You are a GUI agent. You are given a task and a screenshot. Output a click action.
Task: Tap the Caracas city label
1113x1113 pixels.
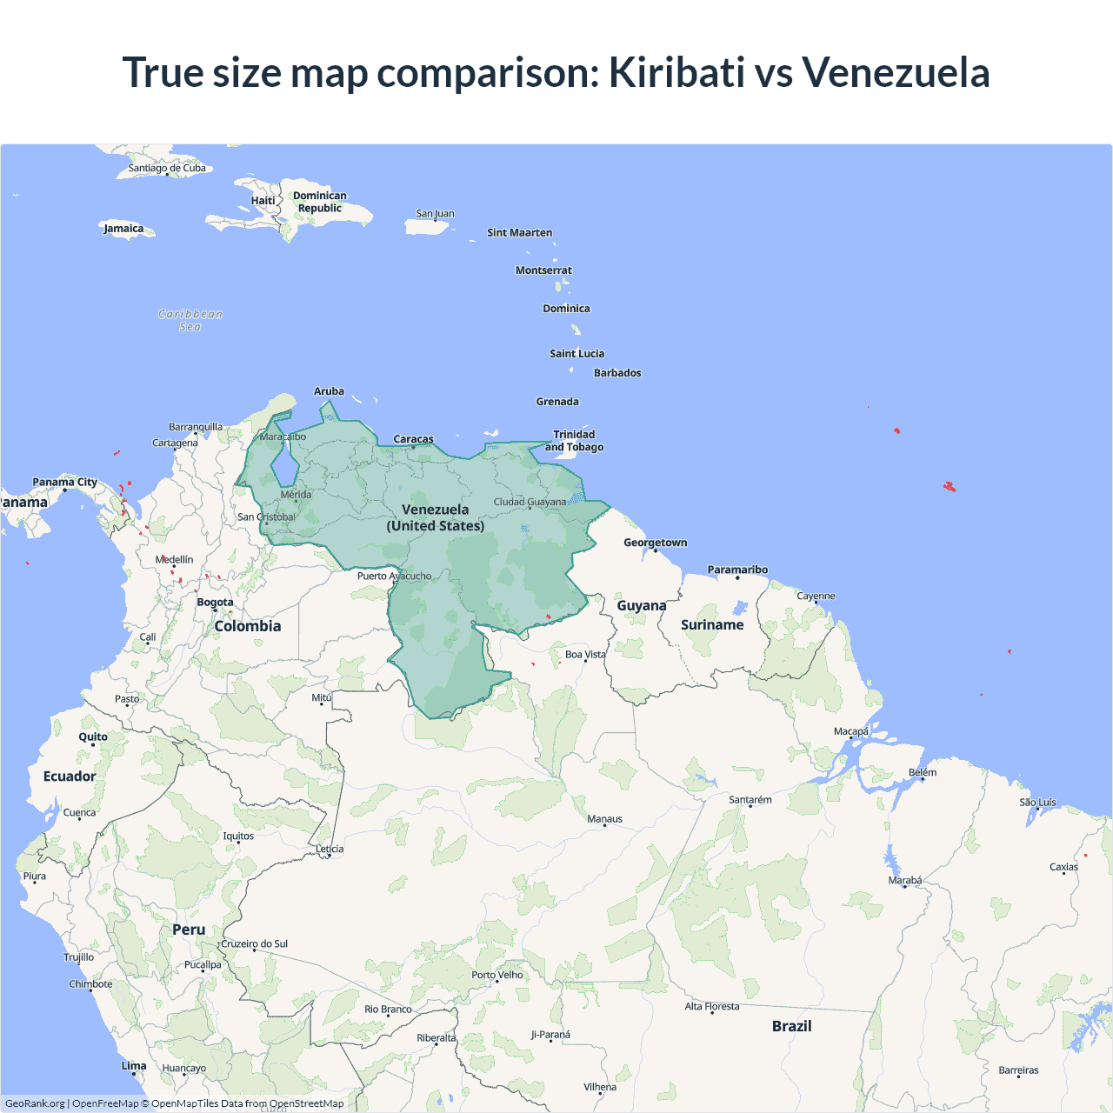click(x=413, y=439)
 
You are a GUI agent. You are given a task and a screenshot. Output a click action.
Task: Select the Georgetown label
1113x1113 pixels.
click(x=655, y=543)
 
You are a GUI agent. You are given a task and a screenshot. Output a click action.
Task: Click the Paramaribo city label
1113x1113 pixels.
click(x=737, y=570)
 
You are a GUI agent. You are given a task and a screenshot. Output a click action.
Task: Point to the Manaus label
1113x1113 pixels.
click(x=604, y=819)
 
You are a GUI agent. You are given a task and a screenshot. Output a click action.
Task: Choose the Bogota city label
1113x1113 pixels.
click(x=215, y=603)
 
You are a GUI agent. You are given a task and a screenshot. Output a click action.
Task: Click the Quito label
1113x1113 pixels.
click(x=93, y=737)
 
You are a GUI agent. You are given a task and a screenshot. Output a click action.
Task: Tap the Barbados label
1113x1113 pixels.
click(x=617, y=373)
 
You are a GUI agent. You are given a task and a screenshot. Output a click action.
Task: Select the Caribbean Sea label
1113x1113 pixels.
click(x=190, y=320)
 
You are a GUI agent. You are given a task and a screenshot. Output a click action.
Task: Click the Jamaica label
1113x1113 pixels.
click(x=123, y=229)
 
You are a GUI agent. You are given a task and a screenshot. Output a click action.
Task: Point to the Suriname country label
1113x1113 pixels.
click(x=712, y=625)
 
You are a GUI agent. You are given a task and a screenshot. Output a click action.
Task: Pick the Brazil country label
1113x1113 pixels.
click(x=791, y=1026)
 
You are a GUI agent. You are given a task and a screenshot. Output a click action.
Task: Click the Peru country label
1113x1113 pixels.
click(x=189, y=930)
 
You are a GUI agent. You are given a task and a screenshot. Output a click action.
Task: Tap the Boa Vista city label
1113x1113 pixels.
click(x=585, y=655)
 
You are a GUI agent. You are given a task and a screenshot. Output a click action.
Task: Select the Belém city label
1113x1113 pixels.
click(x=923, y=772)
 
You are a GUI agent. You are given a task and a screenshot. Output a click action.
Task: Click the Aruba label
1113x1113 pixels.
click(x=329, y=391)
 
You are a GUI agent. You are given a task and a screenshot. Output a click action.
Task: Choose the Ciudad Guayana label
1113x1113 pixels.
click(x=530, y=502)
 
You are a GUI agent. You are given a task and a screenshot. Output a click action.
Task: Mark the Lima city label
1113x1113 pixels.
click(x=134, y=1066)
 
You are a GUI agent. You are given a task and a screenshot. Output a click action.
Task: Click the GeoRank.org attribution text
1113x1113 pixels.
click(x=35, y=1103)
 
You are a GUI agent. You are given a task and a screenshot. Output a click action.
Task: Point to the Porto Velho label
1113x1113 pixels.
click(x=497, y=975)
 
